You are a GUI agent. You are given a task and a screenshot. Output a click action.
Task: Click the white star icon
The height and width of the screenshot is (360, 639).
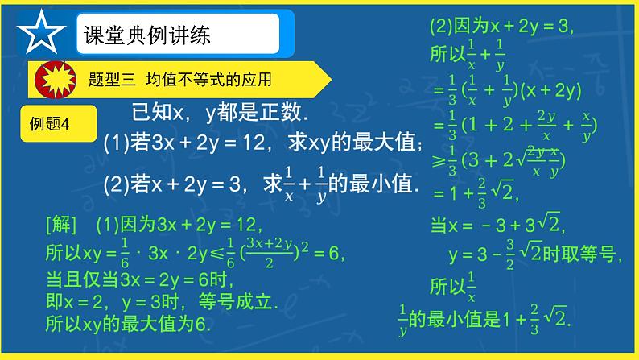(39, 33)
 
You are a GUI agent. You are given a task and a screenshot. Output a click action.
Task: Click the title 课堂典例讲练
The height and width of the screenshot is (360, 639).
(139, 35)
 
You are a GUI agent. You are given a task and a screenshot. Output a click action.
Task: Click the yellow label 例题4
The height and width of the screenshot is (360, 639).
(50, 123)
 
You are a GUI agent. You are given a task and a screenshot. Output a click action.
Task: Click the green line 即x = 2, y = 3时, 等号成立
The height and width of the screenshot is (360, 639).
(160, 304)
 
